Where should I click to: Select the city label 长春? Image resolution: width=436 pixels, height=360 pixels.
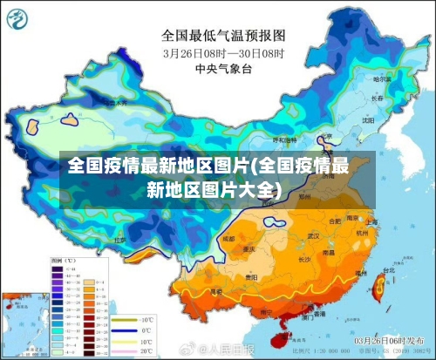377,98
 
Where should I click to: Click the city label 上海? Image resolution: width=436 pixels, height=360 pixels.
372,222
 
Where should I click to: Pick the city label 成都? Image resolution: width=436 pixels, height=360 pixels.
228,237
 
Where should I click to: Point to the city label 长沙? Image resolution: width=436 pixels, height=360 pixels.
305,259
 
